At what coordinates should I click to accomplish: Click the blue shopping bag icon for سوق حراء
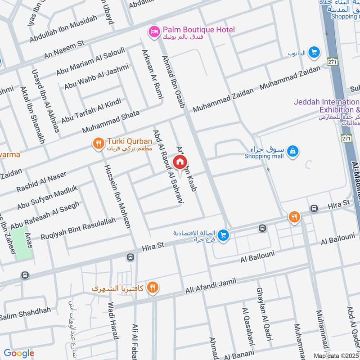(292, 152)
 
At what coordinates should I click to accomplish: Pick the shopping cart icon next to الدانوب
(314, 53)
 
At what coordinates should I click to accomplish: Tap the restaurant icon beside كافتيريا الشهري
(153, 287)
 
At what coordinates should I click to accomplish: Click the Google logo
(19, 353)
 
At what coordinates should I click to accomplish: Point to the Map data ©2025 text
(336, 355)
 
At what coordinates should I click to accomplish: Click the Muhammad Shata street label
(111, 122)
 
